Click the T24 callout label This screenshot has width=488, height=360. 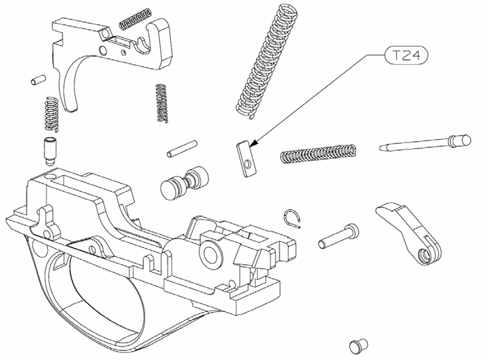(x=407, y=56)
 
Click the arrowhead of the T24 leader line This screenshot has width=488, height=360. (x=253, y=143)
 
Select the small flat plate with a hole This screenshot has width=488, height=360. (x=247, y=158)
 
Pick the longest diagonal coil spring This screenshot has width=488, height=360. (x=267, y=61)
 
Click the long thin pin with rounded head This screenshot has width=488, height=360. (x=425, y=142)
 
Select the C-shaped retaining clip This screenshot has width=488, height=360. (x=292, y=218)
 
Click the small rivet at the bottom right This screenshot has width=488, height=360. (x=358, y=346)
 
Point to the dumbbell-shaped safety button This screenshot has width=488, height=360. (x=184, y=183)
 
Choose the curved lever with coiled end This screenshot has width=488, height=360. (x=409, y=234)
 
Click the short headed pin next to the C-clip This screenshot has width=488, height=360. (x=339, y=236)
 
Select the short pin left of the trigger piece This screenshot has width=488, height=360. (x=39, y=80)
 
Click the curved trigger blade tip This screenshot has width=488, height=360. (x=72, y=108)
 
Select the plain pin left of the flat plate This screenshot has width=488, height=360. (x=182, y=149)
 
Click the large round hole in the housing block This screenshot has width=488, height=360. (x=212, y=253)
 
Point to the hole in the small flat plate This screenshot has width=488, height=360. (x=247, y=163)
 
